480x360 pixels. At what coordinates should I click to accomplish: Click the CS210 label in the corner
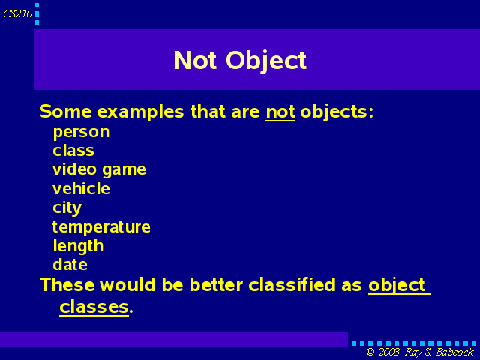(x=18, y=13)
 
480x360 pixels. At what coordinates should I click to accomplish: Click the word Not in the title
(x=195, y=60)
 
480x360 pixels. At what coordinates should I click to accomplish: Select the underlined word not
(x=280, y=112)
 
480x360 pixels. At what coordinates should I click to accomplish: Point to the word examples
(x=140, y=112)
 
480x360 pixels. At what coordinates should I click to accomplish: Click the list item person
(x=81, y=133)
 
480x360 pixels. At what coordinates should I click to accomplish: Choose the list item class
(x=73, y=151)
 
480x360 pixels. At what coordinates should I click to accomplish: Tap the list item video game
(x=99, y=170)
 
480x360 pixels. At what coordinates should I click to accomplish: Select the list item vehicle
(x=81, y=188)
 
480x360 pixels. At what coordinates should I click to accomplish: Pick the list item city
(x=67, y=208)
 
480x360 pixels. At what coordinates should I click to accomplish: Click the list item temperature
(x=101, y=227)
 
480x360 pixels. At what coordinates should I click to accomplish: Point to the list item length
(x=78, y=247)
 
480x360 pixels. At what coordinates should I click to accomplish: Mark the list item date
(x=70, y=264)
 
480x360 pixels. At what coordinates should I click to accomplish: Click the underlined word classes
(x=94, y=307)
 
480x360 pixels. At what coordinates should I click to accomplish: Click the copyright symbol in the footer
(x=370, y=352)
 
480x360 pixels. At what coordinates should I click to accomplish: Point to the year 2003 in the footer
(x=389, y=352)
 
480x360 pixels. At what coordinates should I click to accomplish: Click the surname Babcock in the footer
(x=455, y=352)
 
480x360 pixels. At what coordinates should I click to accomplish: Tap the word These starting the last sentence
(x=67, y=284)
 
